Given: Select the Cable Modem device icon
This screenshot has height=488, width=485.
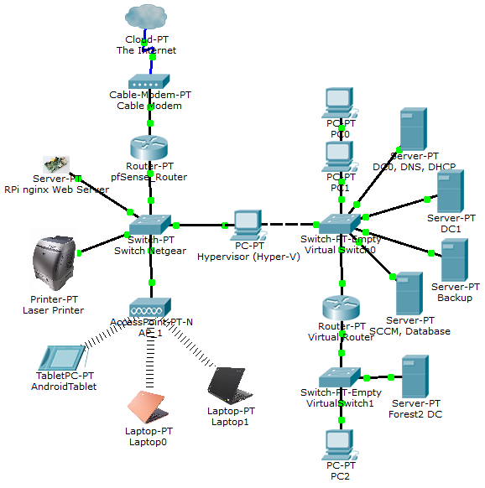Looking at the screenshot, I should (150, 82).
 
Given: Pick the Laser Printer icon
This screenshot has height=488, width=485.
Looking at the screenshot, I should (54, 264).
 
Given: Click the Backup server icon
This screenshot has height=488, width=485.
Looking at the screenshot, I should (454, 260).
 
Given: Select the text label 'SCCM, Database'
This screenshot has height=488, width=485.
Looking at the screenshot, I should (415, 331).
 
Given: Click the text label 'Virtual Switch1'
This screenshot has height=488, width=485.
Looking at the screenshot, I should (341, 403).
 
